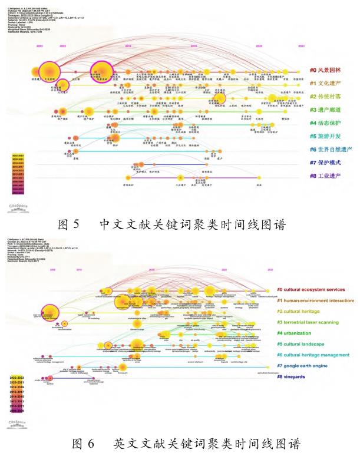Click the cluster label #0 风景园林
(x=326, y=70)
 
